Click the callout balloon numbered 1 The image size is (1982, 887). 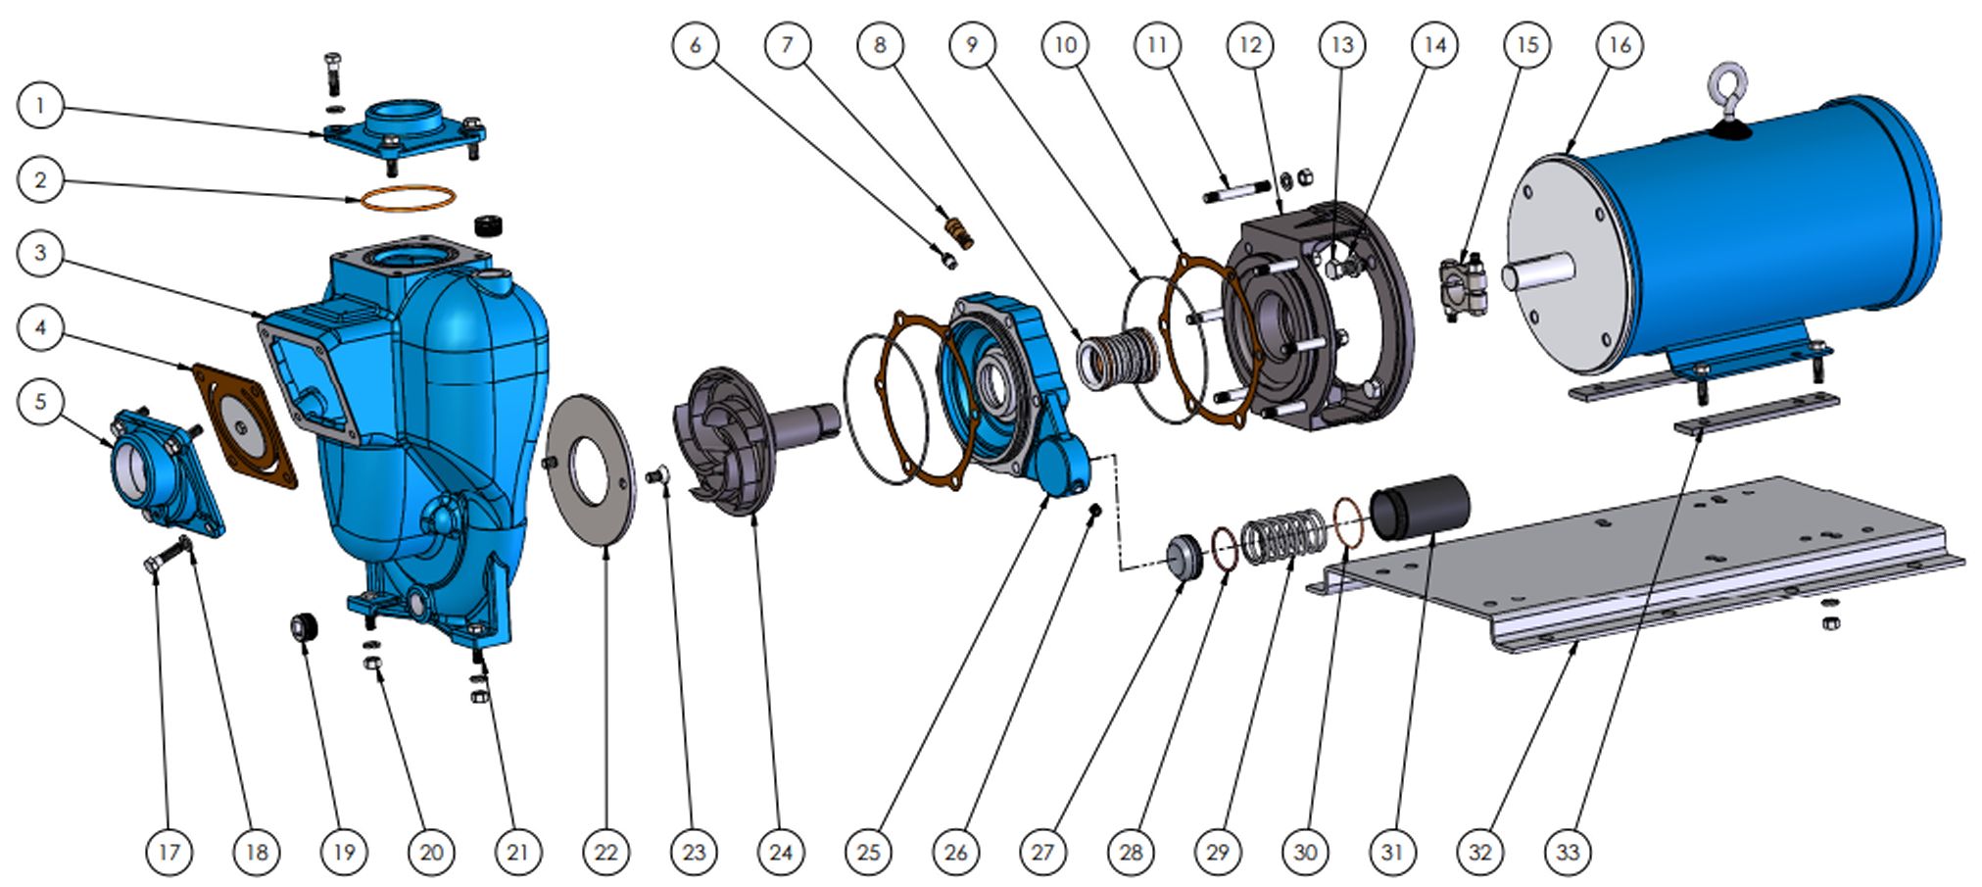coord(40,106)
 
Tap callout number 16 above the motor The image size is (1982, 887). coord(1619,45)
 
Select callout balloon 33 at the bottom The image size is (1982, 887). coord(1568,852)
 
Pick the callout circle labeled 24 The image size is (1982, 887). coord(781,852)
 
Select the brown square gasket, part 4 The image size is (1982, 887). coord(245,426)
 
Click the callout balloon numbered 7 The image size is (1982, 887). coord(787,45)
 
